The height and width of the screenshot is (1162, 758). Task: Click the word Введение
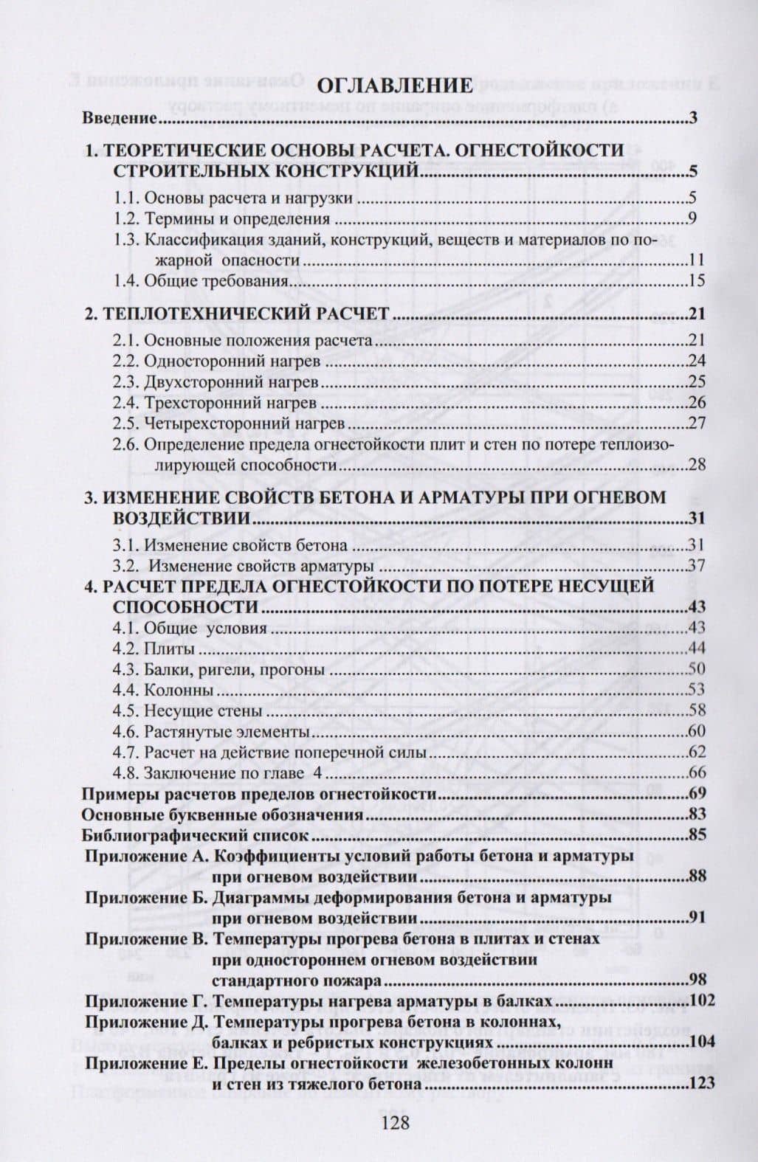(x=119, y=118)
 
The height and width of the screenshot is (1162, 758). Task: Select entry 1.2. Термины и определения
(x=221, y=218)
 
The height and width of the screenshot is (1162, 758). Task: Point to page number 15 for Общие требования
(x=697, y=280)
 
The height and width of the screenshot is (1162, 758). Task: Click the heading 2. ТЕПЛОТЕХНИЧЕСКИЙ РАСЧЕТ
(x=236, y=314)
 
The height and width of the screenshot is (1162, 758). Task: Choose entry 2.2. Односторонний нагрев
(x=216, y=361)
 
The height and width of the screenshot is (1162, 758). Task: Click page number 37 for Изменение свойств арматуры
(x=697, y=567)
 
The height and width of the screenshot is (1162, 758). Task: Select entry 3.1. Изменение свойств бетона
(x=230, y=546)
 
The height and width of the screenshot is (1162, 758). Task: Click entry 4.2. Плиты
(x=154, y=649)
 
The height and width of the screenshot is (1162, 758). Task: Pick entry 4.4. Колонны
(x=163, y=691)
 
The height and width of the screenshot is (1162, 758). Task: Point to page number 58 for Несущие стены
(x=697, y=711)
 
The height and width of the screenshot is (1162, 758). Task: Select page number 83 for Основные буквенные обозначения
(x=697, y=815)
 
